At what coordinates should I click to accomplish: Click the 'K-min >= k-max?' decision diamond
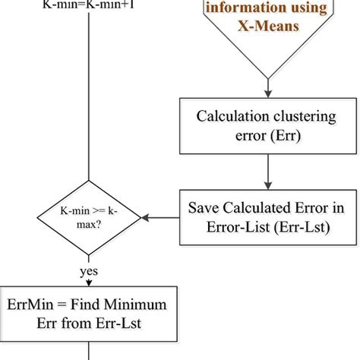tap(90, 216)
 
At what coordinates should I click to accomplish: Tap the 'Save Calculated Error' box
tap(265, 216)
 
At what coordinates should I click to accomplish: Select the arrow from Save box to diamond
tap(161, 216)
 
